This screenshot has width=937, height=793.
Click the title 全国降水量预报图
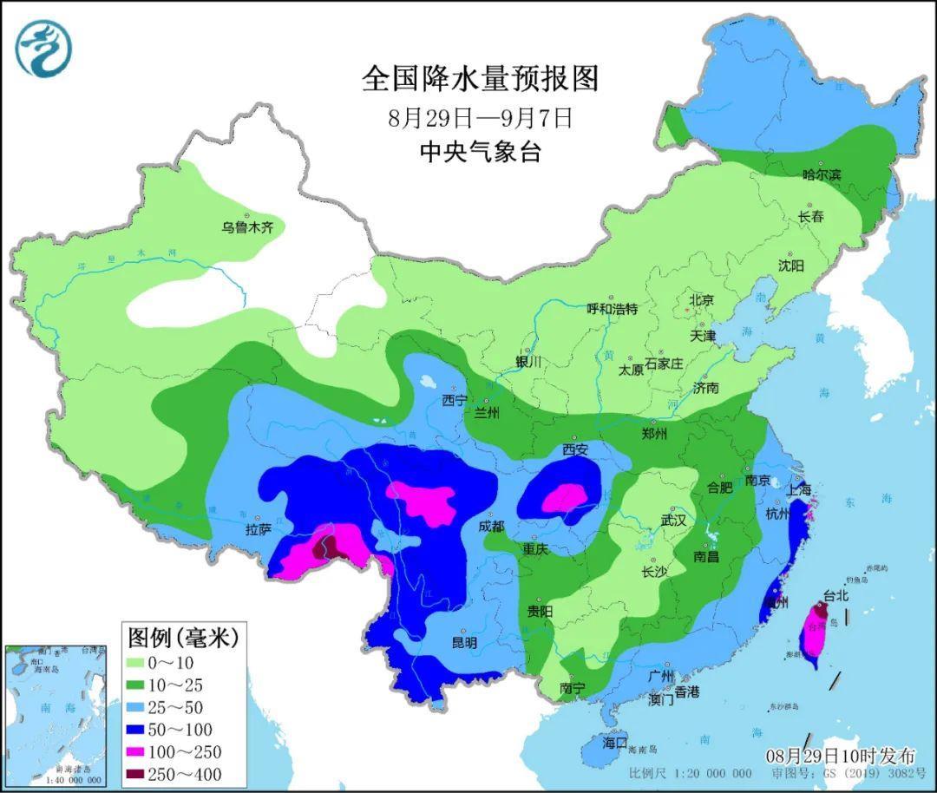(480, 79)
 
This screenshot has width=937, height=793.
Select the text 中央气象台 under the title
(480, 153)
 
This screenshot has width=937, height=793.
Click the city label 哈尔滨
(822, 174)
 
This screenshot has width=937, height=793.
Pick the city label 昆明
(464, 643)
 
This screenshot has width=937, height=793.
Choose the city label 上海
(799, 489)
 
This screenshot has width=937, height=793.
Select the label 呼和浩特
(612, 308)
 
